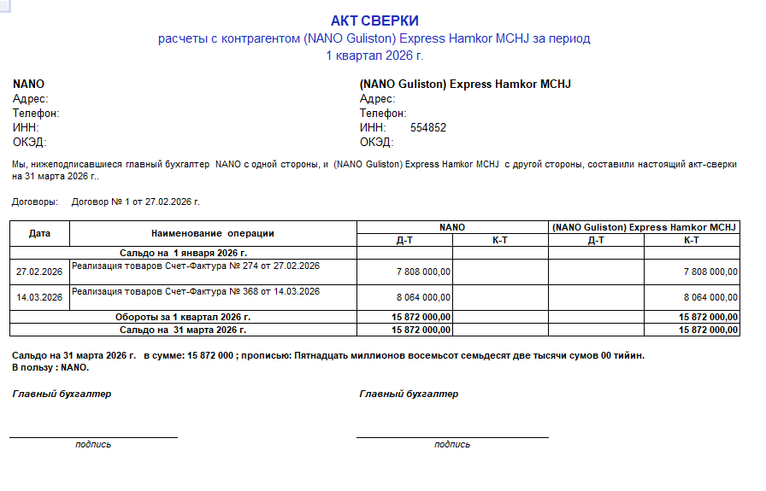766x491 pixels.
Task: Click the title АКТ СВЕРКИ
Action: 374,20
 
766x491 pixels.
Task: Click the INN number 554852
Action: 428,128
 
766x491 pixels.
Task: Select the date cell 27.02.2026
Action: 40,272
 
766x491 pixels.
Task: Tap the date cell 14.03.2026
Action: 40,297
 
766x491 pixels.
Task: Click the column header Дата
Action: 40,233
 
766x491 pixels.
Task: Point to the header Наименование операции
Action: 213,233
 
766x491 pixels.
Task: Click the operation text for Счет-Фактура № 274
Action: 196,266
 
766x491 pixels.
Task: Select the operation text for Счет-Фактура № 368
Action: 196,291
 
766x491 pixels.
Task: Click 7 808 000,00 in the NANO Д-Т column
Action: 423,272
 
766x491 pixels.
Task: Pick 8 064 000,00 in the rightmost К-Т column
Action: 710,297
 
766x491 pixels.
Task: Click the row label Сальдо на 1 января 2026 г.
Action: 183,253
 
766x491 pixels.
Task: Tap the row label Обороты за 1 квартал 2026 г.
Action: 183,317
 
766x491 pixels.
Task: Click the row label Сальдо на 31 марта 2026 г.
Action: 183,329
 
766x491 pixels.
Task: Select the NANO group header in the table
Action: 452,227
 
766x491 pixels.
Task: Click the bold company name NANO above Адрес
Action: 28,85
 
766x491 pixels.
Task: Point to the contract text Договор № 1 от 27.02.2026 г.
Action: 135,202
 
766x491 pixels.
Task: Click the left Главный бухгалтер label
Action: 62,394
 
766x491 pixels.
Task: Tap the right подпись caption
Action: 452,444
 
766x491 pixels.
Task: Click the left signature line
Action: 94,437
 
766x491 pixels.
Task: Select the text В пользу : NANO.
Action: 50,367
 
